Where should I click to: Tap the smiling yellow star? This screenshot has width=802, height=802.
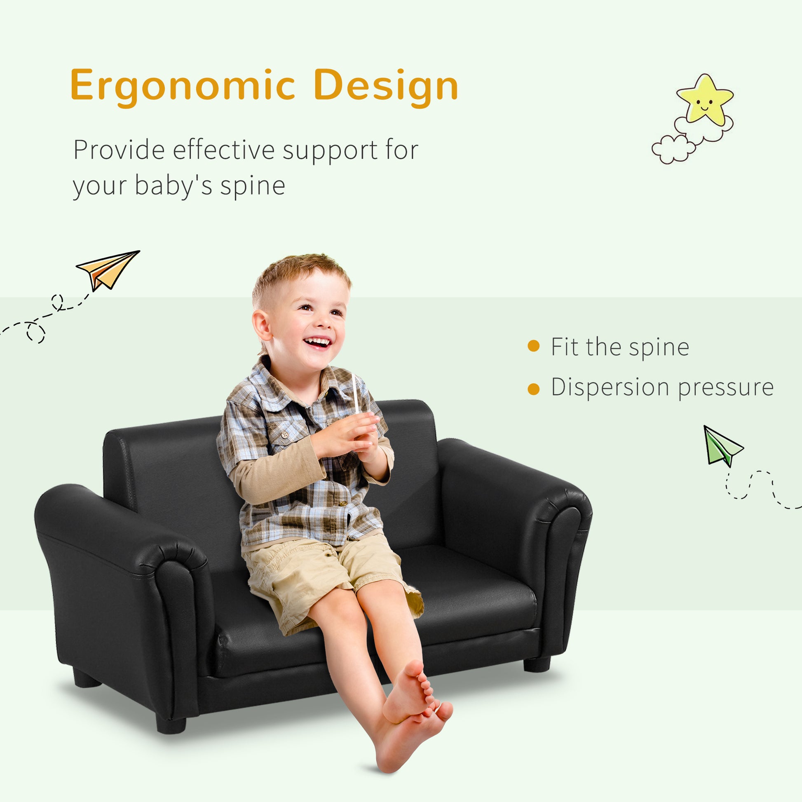coord(704,100)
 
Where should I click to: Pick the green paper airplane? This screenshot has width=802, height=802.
coord(721,447)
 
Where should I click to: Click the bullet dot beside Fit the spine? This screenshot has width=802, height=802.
coord(533,346)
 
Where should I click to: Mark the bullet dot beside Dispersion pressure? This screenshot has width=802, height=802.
coord(533,389)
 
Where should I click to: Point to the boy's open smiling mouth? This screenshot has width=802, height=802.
coord(318,342)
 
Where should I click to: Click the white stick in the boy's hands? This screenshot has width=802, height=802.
coord(355,392)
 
